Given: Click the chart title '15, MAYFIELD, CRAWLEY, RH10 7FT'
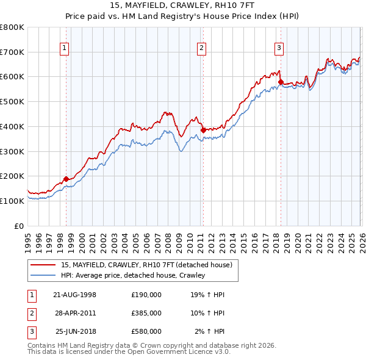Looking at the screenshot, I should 182,5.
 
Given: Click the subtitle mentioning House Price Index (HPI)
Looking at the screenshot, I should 182,16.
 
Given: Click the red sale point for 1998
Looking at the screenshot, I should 66,179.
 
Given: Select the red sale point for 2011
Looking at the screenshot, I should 203,130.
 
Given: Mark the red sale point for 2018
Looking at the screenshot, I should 281,81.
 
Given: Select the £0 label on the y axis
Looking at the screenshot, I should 20,226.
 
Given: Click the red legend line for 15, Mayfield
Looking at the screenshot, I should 44,265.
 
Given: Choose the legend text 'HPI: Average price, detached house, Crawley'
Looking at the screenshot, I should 132,276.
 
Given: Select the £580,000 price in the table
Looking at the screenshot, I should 146,331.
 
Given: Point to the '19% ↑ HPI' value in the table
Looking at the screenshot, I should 207,295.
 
